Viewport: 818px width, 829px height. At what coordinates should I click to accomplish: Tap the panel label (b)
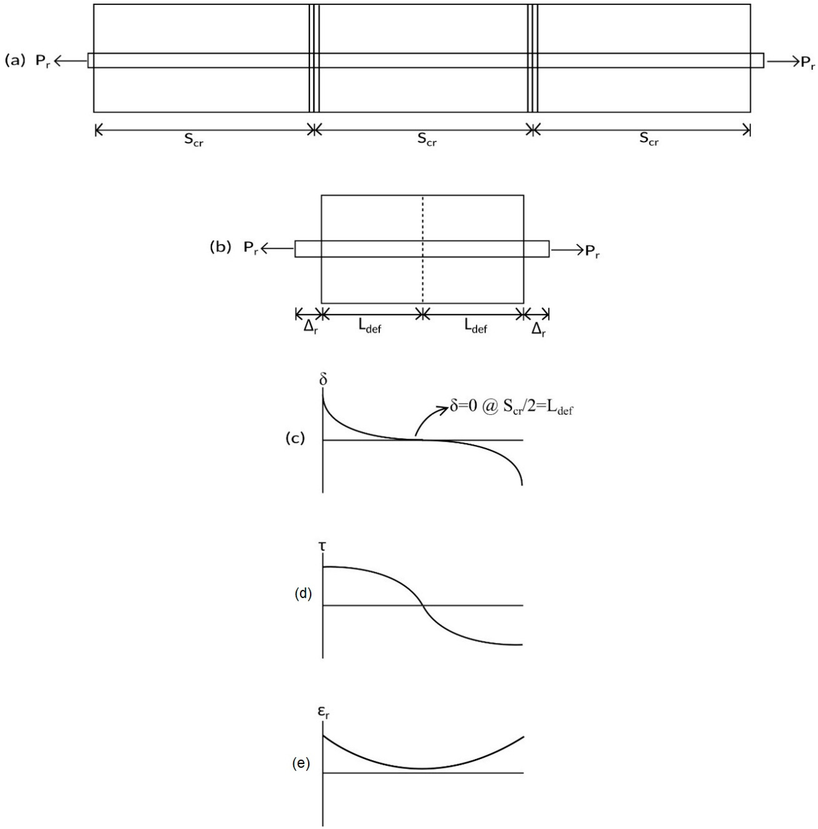[x=220, y=248]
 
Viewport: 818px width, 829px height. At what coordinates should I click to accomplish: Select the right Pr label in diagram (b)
[x=592, y=252]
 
